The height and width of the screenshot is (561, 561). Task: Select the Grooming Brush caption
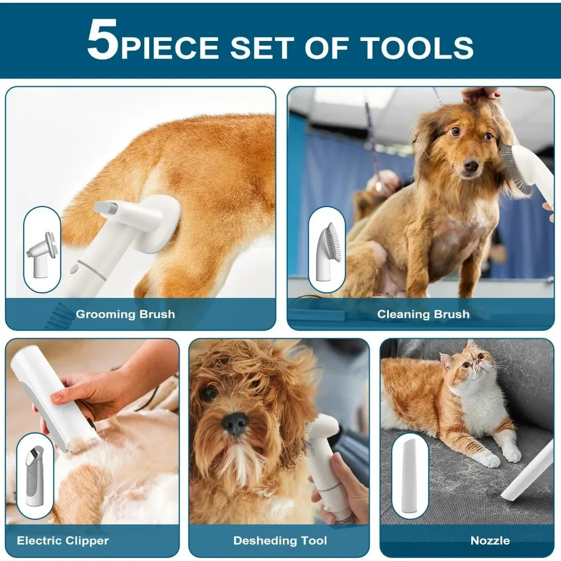pos(125,314)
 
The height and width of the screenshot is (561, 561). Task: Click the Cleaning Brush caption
pos(423,314)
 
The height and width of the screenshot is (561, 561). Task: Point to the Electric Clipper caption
pos(63,541)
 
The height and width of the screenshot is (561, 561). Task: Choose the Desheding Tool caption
pos(280,541)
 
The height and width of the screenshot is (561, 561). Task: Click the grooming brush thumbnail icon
pos(42,249)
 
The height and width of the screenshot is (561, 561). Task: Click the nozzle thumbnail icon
pos(410,475)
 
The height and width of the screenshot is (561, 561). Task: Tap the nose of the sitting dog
pos(470,165)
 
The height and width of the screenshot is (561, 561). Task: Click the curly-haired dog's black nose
pos(236,422)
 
